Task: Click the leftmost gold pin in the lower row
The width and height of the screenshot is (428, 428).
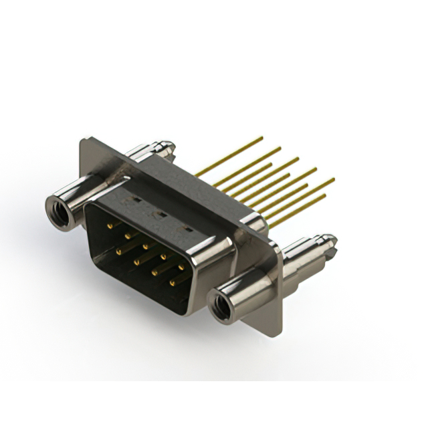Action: (118, 251)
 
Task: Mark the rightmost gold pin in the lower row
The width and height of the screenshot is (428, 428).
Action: (172, 282)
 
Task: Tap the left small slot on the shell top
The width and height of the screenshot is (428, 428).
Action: (134, 199)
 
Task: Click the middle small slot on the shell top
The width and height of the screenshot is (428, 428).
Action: (160, 214)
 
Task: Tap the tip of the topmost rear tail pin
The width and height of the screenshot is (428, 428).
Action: (261, 138)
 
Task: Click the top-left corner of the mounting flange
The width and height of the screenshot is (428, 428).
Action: (82, 140)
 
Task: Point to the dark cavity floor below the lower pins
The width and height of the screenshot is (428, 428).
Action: (134, 288)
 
